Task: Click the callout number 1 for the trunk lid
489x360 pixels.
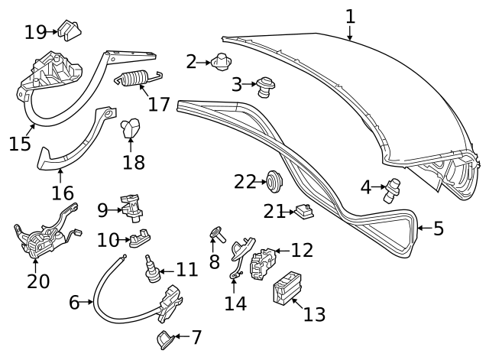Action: click(350, 15)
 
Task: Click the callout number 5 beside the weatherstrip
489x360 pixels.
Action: click(439, 228)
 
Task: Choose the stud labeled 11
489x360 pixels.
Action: click(151, 269)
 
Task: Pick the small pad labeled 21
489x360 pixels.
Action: click(303, 212)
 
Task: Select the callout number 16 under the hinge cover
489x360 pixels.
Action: click(63, 192)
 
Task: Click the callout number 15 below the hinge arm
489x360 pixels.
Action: click(21, 142)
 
